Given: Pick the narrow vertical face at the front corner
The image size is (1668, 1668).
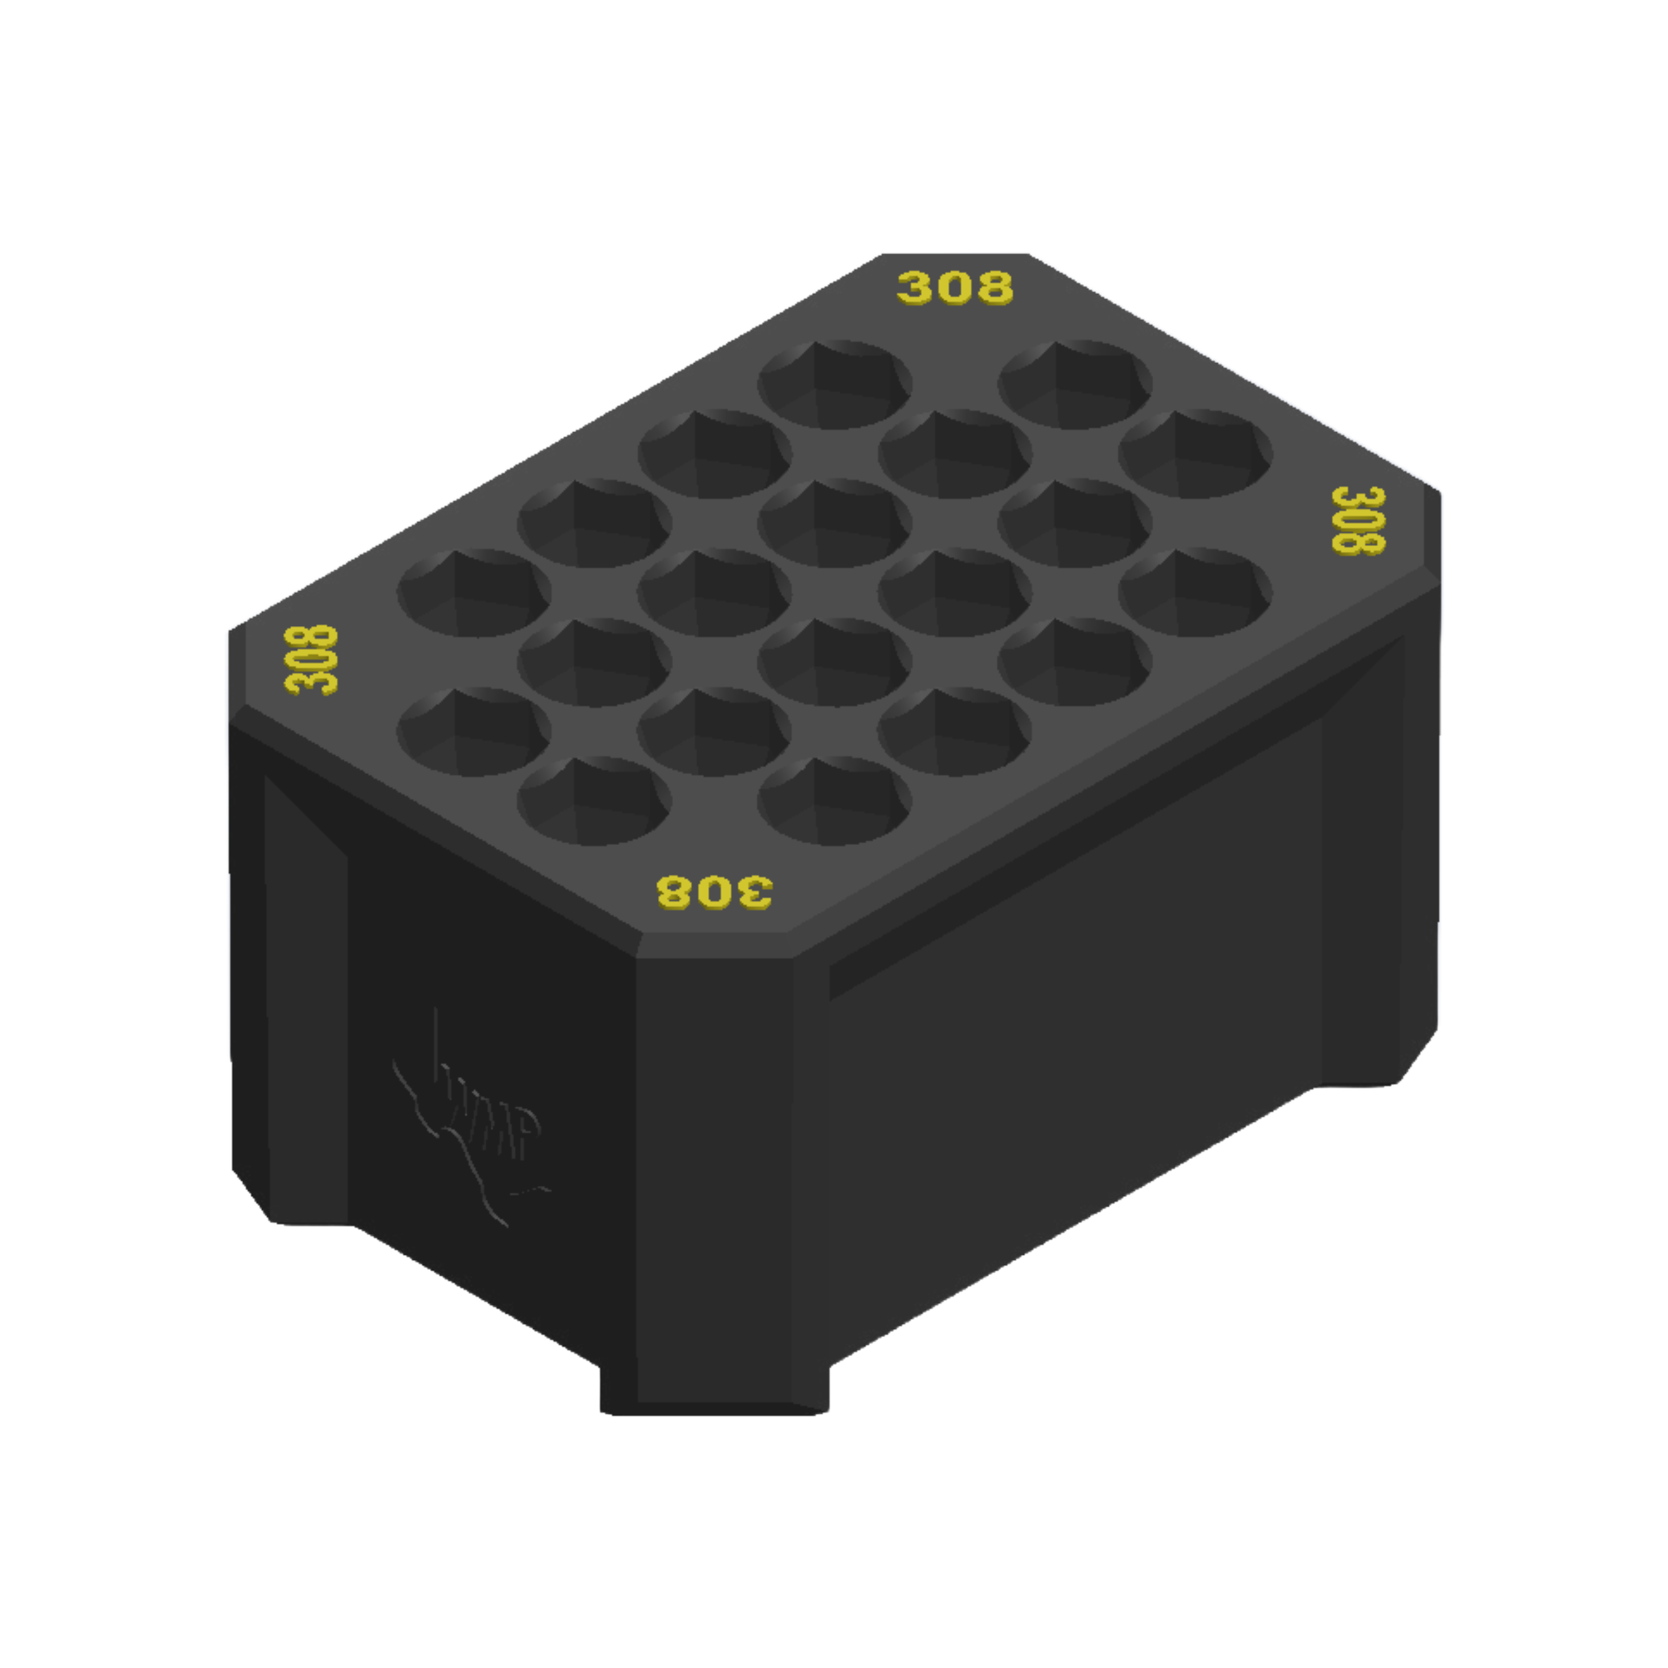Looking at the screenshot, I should click(715, 1166).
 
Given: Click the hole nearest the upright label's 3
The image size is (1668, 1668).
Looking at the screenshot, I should click(835, 384).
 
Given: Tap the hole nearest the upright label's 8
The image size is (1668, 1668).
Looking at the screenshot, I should click(1075, 384).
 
